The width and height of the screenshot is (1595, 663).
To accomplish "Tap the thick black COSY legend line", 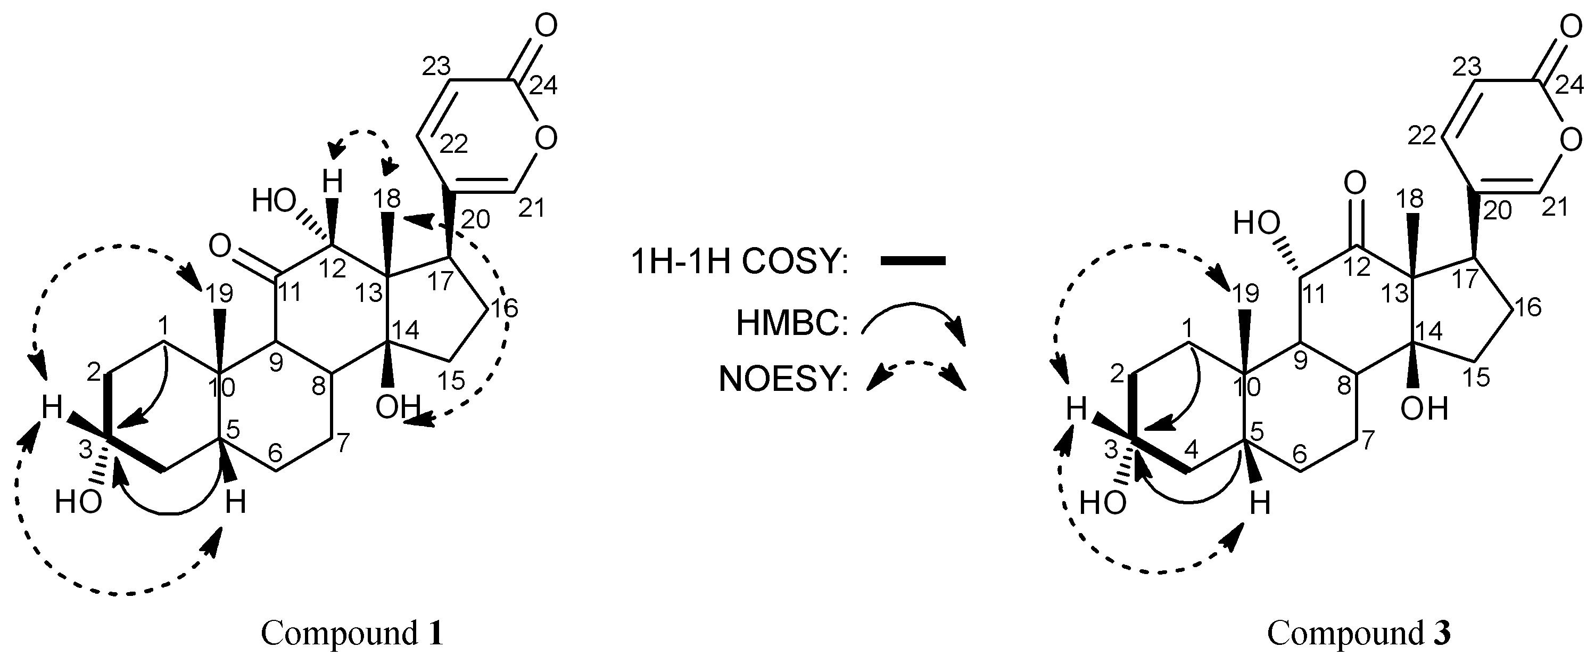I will pos(912,261).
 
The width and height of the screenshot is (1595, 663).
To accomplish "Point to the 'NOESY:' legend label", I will pos(782,380).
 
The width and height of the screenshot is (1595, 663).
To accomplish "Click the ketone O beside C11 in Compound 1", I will pos(221,245).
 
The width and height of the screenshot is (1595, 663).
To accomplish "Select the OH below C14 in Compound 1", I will pos(398,407).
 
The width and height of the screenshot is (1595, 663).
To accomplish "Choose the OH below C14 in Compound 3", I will pos(1424,408).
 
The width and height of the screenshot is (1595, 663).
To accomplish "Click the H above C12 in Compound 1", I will pos(333,183).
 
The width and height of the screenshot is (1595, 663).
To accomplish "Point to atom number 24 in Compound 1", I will pos(543,86).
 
